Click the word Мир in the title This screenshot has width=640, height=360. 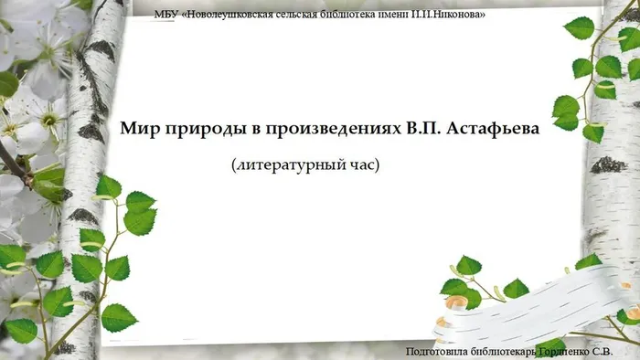138,129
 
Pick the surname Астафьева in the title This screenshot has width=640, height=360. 497,130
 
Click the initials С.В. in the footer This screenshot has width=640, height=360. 624,351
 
